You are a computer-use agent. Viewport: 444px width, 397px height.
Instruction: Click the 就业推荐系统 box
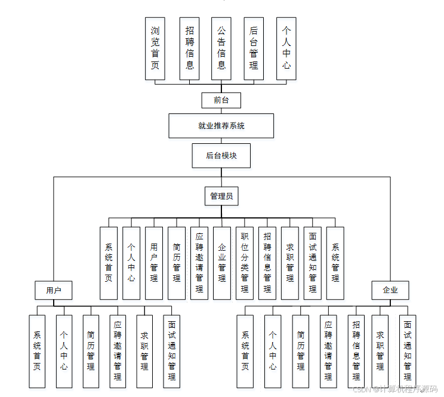pos(221,126)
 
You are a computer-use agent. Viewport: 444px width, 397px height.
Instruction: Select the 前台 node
pos(221,100)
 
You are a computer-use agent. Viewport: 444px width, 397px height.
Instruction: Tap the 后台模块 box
pos(221,156)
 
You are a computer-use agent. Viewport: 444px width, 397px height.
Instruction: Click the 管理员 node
pos(221,196)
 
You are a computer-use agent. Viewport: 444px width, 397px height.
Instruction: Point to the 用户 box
pos(54,291)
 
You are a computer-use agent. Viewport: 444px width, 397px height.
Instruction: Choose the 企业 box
pos(390,291)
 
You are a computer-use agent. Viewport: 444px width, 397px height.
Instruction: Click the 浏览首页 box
pos(155,48)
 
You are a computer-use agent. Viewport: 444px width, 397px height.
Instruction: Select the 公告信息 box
pos(221,48)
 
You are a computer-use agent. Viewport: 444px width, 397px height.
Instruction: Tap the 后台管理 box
pos(254,48)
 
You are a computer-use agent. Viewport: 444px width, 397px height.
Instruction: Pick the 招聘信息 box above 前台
pos(189,48)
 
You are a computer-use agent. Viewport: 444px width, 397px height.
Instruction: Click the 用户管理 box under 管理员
pos(154,263)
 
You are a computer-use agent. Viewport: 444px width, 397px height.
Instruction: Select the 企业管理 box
pos(222,263)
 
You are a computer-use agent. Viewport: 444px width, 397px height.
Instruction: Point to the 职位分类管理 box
pos(245,263)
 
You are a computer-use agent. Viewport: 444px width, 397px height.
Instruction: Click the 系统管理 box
pos(335,263)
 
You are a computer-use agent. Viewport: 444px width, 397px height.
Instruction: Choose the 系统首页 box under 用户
pos(37,351)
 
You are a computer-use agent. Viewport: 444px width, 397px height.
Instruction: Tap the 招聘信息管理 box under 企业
pos(356,351)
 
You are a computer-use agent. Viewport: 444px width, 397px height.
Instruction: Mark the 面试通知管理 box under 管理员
pos(313,263)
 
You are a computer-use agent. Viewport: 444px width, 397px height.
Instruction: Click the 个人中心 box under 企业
pos(273,351)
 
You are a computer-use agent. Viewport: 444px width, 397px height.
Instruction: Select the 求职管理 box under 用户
pos(144,351)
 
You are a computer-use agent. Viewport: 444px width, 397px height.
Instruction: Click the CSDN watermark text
pos(394,389)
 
